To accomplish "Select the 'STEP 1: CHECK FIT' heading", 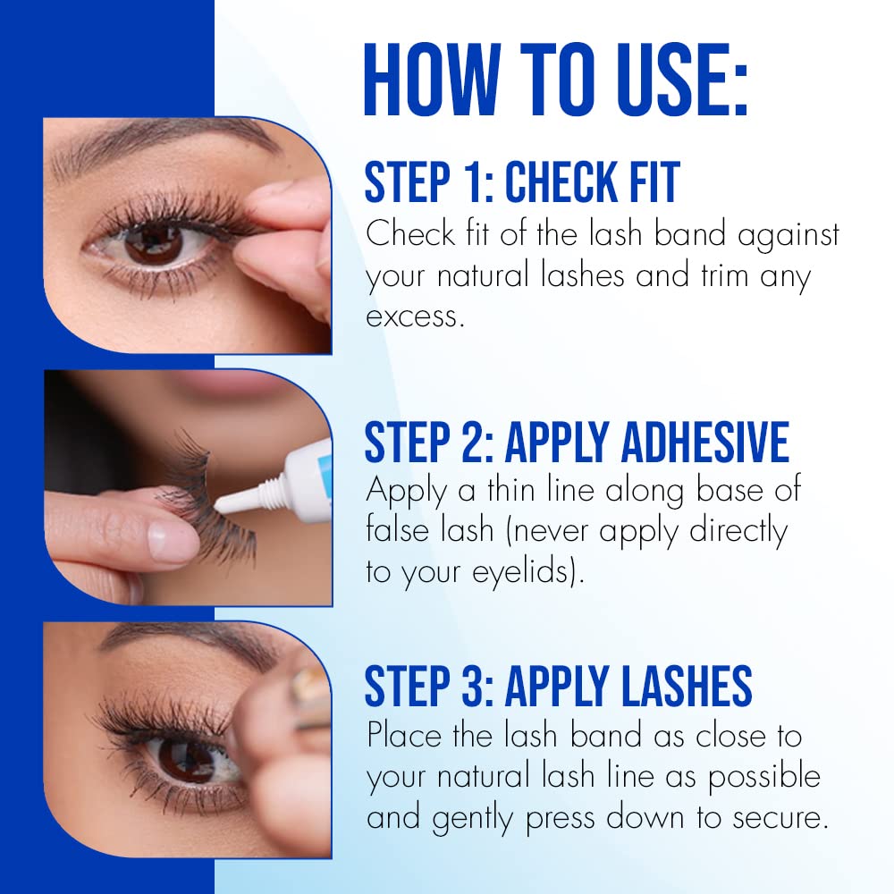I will point(522,182).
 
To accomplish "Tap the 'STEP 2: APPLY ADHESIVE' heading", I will point(577,442).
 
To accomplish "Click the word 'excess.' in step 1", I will point(415,316).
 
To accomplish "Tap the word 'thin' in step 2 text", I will point(563,490).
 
